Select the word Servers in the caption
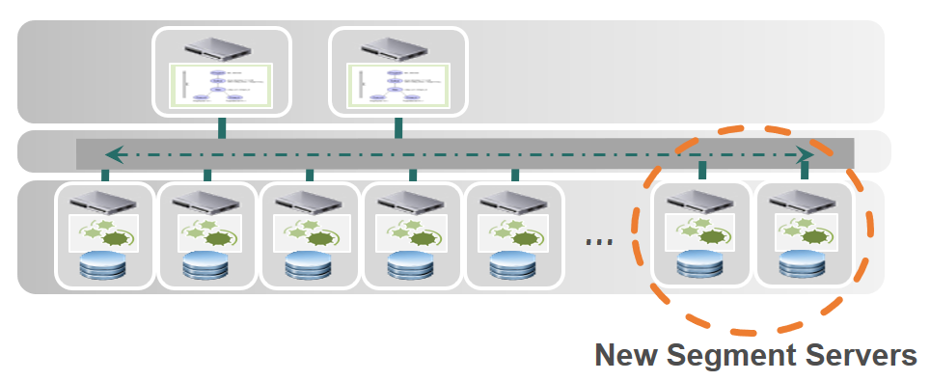coord(863,355)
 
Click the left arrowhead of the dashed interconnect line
coord(113,153)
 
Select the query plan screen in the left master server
coord(222,85)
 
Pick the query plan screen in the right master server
coord(397,85)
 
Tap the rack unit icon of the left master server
coord(222,46)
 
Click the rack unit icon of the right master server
coord(397,46)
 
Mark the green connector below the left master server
coord(222,128)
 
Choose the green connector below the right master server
coord(397,128)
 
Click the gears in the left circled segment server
coord(701,231)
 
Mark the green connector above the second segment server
coord(207,176)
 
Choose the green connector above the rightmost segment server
coord(805,171)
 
